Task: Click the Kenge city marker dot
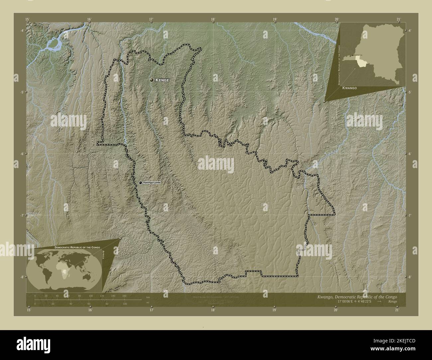tap(152, 80)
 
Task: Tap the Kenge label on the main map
tap(162, 80)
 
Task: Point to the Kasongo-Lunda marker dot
tap(141, 183)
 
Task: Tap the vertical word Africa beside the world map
tap(104, 256)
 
